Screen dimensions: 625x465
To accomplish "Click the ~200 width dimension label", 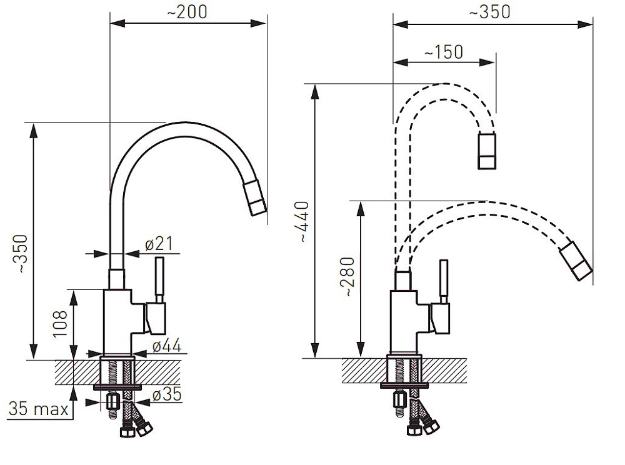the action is (x=187, y=12).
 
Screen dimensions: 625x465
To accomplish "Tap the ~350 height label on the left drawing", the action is (x=20, y=254).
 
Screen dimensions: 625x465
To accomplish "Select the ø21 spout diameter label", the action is (x=159, y=244).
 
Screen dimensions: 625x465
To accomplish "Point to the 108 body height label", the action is (x=60, y=324).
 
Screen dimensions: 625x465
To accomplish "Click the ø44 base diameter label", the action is (x=167, y=346).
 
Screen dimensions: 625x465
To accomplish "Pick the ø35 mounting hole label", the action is (x=167, y=394).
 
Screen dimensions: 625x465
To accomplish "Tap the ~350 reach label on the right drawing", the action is (x=490, y=12).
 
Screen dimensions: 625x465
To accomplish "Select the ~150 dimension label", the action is (x=444, y=52).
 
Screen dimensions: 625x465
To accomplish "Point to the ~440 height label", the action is (x=304, y=222).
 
